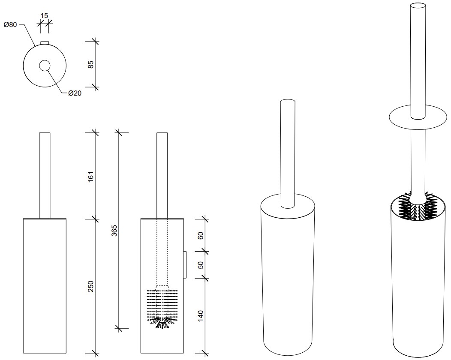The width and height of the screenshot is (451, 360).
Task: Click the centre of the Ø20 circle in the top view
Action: [45, 66]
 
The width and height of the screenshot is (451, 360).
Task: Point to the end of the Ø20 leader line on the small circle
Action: [48, 69]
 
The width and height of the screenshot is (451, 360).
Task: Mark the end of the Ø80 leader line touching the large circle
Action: [35, 46]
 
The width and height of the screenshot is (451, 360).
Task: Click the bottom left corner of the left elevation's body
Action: [23, 353]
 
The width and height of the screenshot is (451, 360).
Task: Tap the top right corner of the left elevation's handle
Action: [50, 133]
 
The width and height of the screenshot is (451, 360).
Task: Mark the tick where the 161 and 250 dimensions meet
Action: [95, 219]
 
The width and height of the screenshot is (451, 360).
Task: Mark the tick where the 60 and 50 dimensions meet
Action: [204, 251]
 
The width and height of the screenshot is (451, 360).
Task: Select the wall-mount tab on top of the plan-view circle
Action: [45, 43]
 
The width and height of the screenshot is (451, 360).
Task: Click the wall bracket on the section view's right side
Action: [185, 264]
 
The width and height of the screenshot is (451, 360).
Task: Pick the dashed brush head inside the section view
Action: [162, 307]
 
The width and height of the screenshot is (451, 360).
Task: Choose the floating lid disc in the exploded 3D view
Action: [418, 117]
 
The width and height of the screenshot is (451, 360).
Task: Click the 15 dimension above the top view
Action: [44, 15]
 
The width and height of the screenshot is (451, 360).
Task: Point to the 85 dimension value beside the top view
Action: [90, 64]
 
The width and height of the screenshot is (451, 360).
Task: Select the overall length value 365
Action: [114, 231]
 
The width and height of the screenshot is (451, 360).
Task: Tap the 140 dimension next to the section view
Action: [201, 316]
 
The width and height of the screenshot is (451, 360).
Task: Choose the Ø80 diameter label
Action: [10, 25]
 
